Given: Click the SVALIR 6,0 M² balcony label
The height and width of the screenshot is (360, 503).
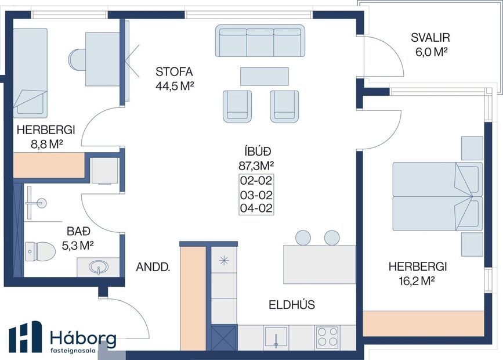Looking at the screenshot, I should coord(430,45).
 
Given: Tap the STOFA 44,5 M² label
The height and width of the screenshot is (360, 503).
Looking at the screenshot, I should coord(174,79).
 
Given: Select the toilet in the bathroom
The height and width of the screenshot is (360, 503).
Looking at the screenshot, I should coord(43,251).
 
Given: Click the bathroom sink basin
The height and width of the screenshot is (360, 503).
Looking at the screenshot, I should coord(98,268).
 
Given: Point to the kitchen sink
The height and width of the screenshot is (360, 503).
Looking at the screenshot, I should coord(276,337).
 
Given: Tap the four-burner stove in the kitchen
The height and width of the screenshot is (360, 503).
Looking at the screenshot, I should coord(327,337).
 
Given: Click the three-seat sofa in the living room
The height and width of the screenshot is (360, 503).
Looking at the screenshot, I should coord(260,41).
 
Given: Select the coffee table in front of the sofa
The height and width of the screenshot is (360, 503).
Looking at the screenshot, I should coord(264,76).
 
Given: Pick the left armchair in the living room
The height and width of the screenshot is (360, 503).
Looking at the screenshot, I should coord(237,106).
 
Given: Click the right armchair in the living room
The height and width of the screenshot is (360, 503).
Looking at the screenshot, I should coord(284,106).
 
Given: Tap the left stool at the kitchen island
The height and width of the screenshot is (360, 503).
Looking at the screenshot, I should coord(303,237).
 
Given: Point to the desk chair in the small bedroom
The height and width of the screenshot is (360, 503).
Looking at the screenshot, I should coord(78,59).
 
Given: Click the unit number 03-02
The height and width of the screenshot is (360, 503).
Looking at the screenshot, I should coord(256,195).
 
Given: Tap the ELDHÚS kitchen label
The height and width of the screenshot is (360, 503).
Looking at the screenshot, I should coord(292,304).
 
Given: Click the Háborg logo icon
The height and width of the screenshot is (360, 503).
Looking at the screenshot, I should coord(25,337).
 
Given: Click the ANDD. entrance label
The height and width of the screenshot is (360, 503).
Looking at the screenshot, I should coord(152,267).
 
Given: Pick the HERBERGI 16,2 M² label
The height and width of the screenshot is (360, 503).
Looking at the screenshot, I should coord(417,273).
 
